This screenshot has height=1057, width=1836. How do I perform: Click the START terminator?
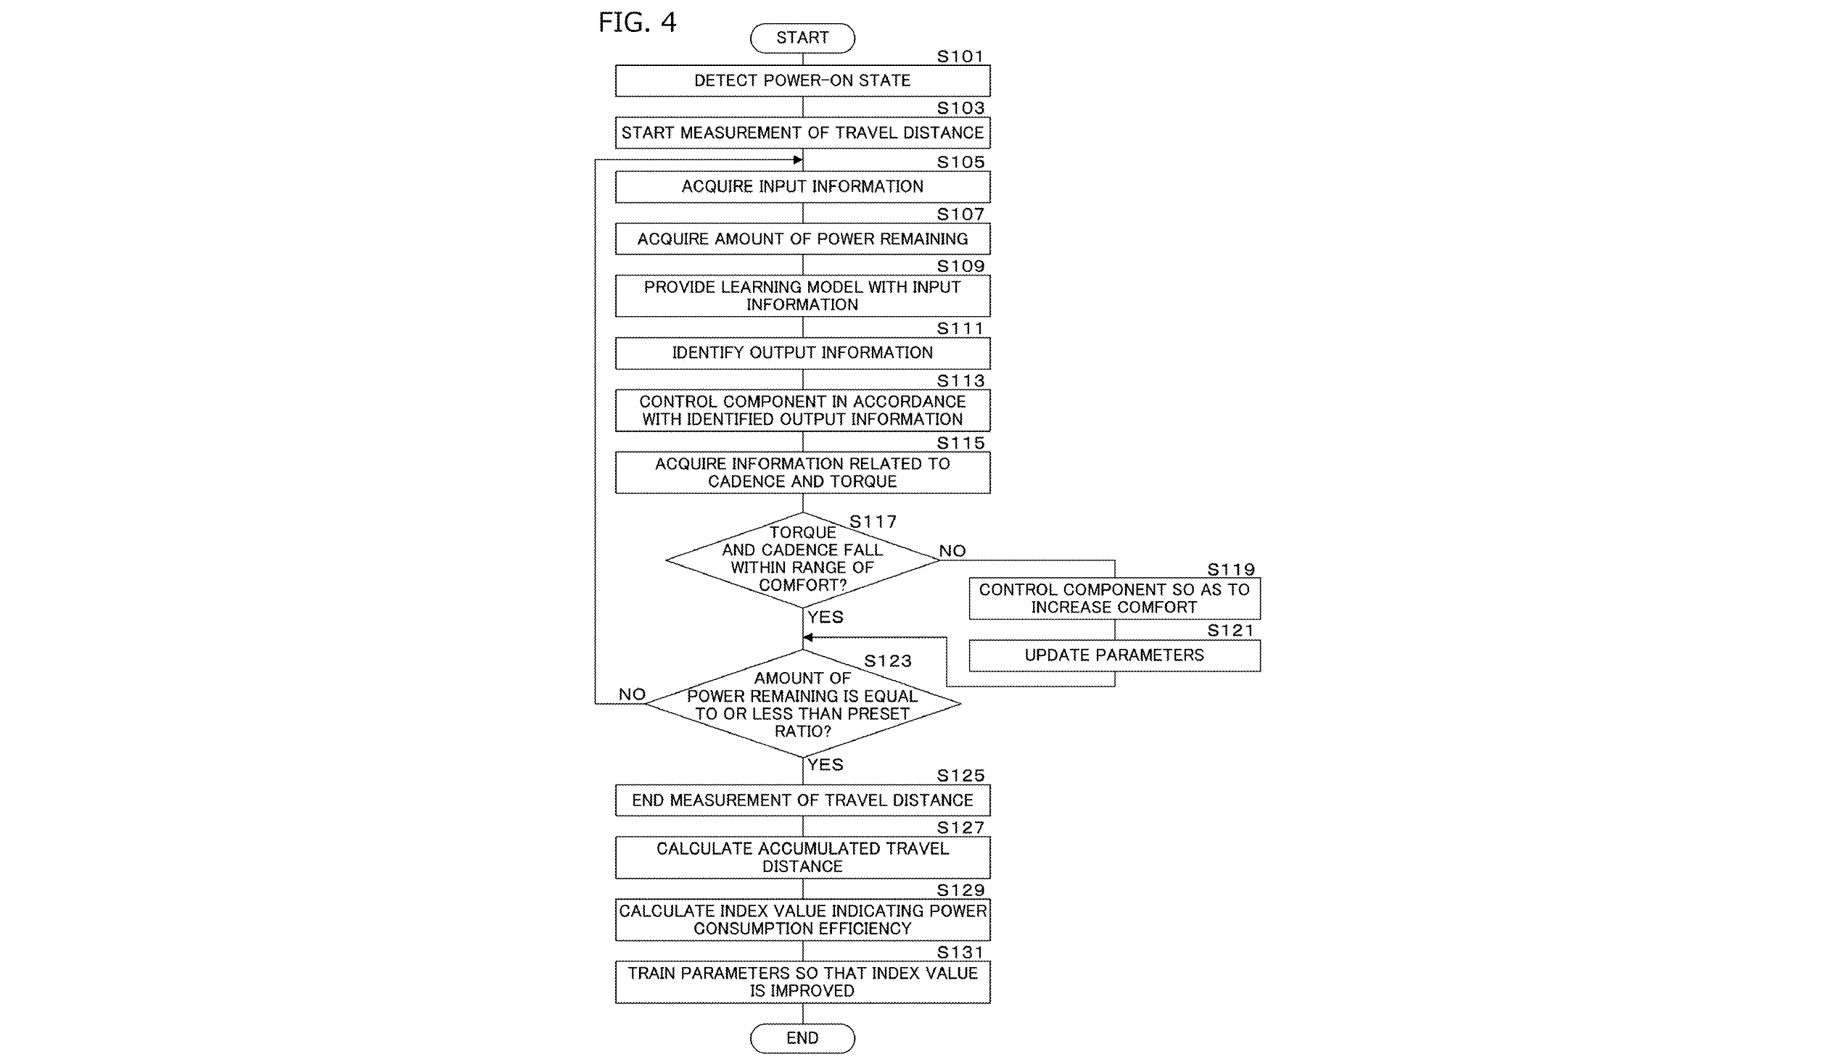pos(802,38)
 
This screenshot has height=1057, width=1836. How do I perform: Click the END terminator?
pos(802,1037)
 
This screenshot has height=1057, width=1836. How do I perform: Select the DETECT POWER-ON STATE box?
pos(802,80)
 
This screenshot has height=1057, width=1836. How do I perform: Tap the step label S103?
pos(960,108)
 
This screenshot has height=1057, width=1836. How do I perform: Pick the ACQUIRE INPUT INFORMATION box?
pos(802,186)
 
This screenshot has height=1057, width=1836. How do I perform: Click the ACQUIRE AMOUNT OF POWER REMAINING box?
pos(802,239)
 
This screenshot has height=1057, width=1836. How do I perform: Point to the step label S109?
pos(960,267)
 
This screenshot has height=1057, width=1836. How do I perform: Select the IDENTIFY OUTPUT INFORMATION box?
pos(802,353)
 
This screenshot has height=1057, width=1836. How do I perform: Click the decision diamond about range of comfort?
pos(802,559)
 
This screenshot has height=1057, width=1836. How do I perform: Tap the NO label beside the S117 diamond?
pos(952,551)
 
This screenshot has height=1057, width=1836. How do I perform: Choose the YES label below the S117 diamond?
pos(825,617)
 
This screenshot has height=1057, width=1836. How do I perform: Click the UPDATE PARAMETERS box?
pos(1114,655)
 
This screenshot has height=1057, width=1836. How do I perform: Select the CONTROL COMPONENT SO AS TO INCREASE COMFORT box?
pos(1114,599)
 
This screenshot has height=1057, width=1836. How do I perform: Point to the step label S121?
pos(1230,631)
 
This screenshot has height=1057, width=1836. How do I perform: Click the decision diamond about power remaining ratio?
pos(802,703)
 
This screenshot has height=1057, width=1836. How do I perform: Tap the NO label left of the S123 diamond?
pos(632,694)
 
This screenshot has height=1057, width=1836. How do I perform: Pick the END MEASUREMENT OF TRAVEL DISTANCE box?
pos(802,800)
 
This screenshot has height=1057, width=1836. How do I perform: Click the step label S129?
pos(960,890)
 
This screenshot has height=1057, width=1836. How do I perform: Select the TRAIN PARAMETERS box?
pos(802,982)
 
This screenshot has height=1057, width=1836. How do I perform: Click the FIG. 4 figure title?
pos(637,22)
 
